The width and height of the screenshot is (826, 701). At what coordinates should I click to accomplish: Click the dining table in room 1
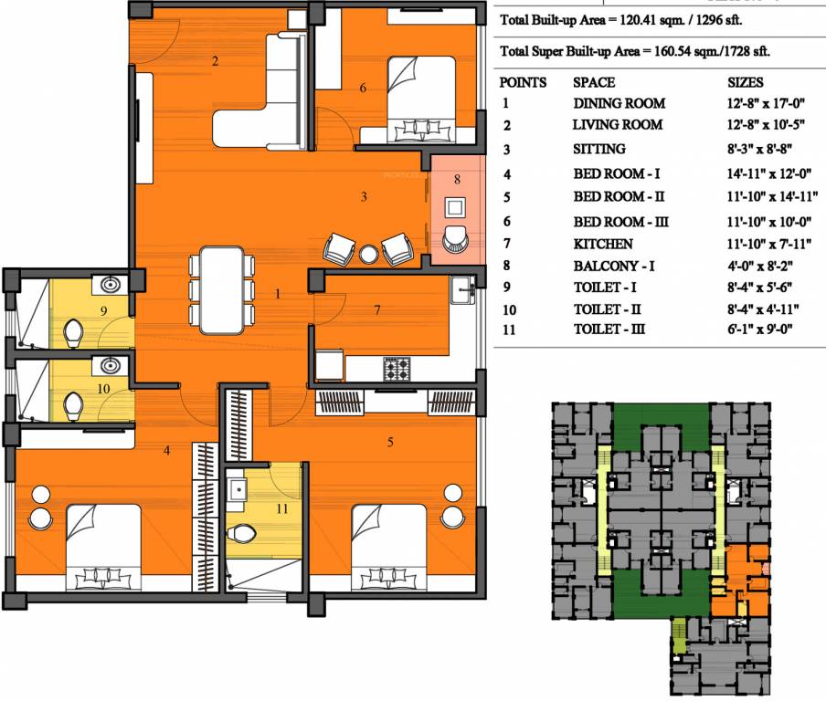[222, 290]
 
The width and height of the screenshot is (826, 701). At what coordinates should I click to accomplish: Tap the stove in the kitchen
[396, 369]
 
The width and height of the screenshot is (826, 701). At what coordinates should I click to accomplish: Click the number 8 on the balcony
[457, 180]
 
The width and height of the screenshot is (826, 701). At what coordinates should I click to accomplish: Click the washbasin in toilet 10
[110, 367]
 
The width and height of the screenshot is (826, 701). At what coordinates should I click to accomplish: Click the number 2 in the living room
[215, 62]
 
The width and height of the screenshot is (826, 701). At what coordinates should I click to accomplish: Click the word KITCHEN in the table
[602, 245]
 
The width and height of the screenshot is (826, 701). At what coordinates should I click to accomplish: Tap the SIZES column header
[751, 82]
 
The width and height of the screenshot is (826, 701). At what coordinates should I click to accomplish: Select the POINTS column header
[524, 82]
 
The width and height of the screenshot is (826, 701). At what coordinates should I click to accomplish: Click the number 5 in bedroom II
[390, 443]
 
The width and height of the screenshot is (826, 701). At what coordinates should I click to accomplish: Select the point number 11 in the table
[509, 330]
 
